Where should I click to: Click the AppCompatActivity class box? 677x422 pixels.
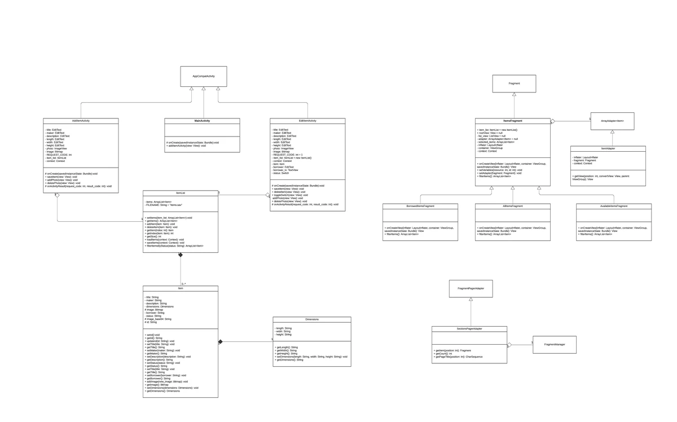point(203,76)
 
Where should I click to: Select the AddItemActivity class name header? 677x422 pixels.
point(81,121)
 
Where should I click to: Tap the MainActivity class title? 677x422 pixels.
point(202,121)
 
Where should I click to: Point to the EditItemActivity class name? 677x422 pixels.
point(307,121)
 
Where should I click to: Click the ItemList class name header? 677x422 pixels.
point(181,193)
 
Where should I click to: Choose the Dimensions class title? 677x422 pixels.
point(312,319)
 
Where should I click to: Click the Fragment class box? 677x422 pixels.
point(514,83)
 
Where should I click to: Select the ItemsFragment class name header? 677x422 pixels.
point(513,121)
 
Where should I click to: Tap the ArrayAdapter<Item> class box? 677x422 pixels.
point(612,121)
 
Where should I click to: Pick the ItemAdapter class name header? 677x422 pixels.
point(608,148)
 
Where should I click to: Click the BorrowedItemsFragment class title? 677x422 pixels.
point(420,206)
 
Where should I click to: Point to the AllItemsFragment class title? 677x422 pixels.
point(513,206)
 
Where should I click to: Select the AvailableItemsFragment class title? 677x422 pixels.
point(614,206)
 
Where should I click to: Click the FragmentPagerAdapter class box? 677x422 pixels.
point(471,289)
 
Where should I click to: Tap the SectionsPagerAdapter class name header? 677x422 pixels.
point(469,328)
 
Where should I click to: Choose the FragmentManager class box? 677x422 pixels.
point(555,344)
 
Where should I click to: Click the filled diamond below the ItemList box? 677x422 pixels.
point(181,256)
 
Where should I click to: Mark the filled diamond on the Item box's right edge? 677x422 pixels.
point(221,341)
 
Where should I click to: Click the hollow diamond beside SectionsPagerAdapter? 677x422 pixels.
point(509,344)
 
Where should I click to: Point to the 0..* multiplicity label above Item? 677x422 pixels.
point(184,284)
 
